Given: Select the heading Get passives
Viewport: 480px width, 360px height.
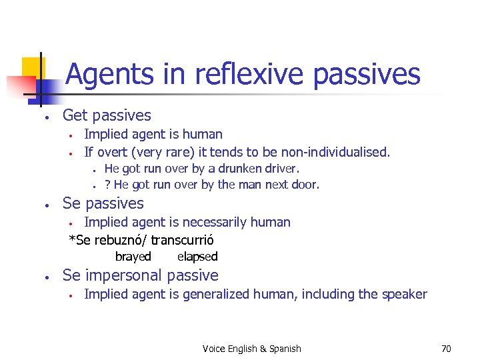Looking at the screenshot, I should tap(107, 115).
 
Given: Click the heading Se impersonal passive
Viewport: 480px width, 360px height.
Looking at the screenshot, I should tap(140, 275).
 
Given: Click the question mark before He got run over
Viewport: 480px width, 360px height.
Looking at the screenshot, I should tap(107, 185).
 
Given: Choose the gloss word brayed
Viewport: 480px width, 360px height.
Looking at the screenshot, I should tap(133, 257).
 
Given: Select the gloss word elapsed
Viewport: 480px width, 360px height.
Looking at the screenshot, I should tap(197, 257).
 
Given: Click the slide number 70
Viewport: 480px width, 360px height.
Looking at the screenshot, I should tap(446, 349).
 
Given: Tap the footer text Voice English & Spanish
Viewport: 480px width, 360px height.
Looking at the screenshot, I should tap(251, 349).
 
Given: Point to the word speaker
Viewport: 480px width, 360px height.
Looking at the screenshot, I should tap(404, 294).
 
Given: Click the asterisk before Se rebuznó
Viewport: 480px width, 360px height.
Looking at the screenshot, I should tap(72, 240).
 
